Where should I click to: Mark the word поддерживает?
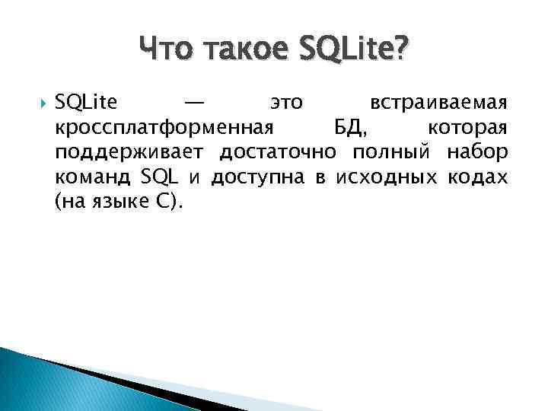pyautogui.click(x=131, y=152)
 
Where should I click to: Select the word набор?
pyautogui.click(x=477, y=152)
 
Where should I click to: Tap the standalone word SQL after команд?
pyautogui.click(x=160, y=178)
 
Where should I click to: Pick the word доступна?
pyautogui.click(x=257, y=178)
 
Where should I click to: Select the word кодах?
pyautogui.click(x=476, y=178)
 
